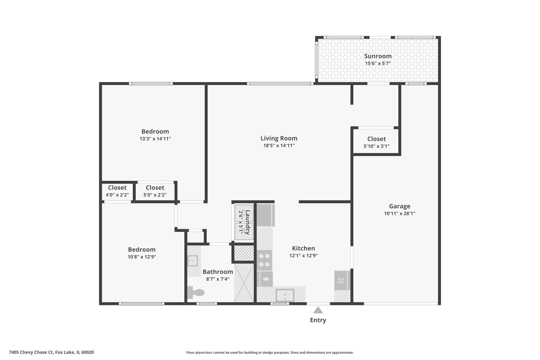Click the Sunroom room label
pos(378,56)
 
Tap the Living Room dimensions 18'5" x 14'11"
pos(279,146)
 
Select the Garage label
pos(399,206)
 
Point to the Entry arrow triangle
pos(318,310)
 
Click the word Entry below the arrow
pos(318,320)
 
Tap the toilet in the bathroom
pos(196,292)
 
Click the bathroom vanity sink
pos(193,261)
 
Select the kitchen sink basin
pos(285,295)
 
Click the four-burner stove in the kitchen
pos(264,260)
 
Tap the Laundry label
pos(248,222)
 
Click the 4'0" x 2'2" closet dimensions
pos(117,195)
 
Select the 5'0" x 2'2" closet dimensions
pos(155,195)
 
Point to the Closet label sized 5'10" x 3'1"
pos(377,139)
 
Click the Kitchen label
pos(304,248)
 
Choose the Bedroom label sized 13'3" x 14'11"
pos(155,131)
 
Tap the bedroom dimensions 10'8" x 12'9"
pos(142,257)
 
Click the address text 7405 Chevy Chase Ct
pos(31,352)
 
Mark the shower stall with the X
pos(244,283)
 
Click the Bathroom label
pos(218,272)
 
